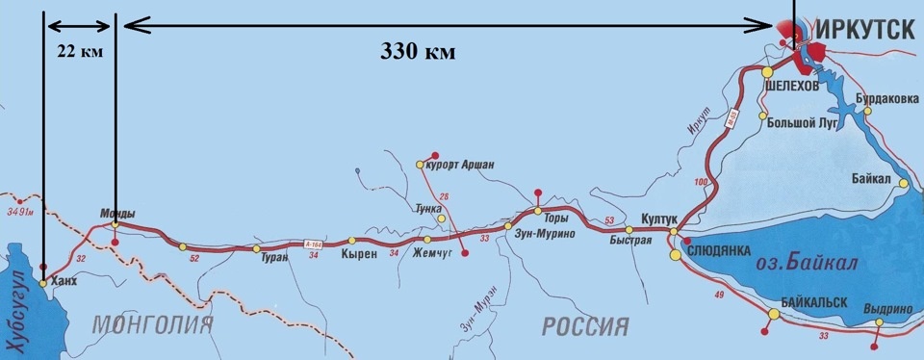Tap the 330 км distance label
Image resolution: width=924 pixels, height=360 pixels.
(416, 51)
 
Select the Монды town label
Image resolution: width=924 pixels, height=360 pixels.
(117, 213)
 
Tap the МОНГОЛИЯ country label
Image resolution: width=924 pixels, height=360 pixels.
(152, 325)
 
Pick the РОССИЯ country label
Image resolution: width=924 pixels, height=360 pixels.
(585, 325)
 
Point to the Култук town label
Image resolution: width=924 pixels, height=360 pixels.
(662, 219)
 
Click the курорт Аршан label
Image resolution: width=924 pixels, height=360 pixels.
(460, 165)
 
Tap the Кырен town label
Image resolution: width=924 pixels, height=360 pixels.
(356, 256)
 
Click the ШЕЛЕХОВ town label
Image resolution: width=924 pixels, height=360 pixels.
(792, 86)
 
